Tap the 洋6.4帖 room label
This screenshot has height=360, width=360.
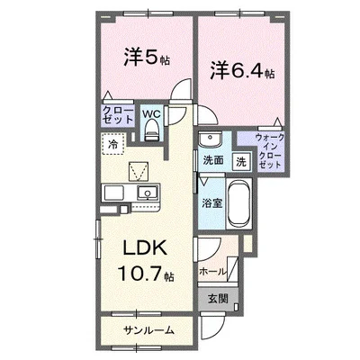point(242,71)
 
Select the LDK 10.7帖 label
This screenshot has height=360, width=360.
point(146,261)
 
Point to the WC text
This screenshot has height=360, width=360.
point(152,114)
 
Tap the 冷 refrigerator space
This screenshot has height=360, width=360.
point(112,144)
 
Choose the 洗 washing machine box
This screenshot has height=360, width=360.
point(242,162)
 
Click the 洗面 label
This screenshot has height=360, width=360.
point(213,160)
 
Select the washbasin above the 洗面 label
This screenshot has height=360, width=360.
point(210,139)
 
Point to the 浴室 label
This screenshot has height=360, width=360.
point(211,203)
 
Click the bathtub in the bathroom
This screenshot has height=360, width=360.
point(239,204)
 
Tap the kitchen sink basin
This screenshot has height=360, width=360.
point(148,193)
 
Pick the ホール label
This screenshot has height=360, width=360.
point(212,272)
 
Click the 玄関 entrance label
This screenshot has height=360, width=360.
point(218,298)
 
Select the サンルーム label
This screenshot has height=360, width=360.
point(149,330)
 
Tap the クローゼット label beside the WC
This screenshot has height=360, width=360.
point(118,115)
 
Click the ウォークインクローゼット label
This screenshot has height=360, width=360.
point(270,151)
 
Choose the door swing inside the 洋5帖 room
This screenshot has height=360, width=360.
point(181,89)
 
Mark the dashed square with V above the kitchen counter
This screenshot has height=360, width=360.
point(139,172)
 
